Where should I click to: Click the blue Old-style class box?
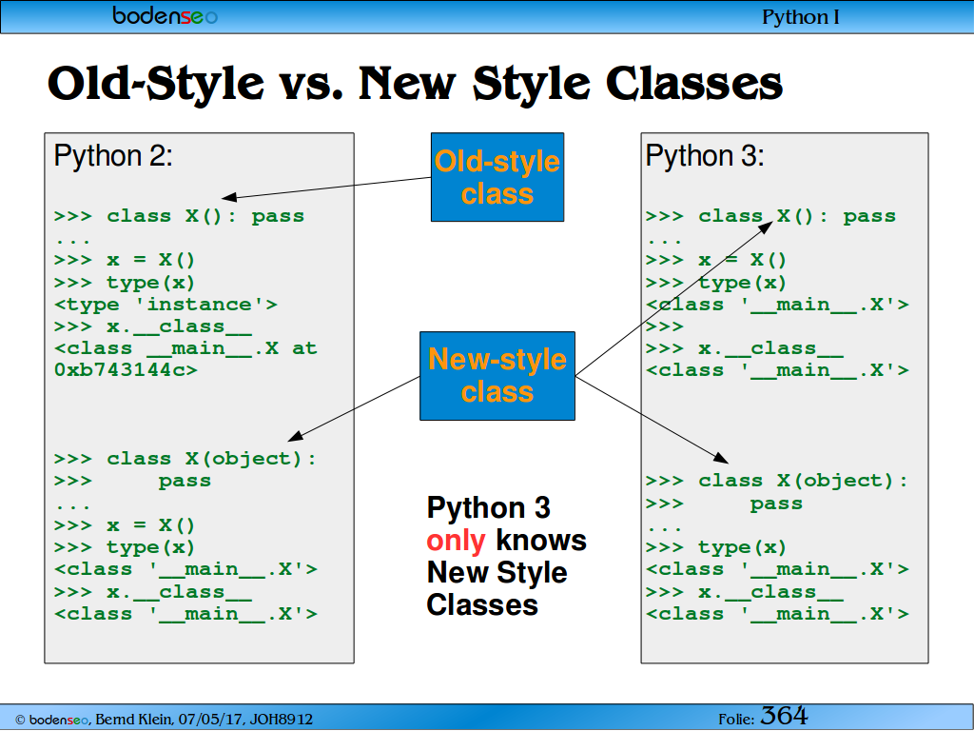pos(497,177)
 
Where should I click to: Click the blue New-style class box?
pos(497,376)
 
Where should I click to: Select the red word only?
pos(456,541)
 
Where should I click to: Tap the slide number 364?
pos(784,716)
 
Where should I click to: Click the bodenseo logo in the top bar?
pos(166,15)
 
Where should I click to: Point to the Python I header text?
pos(801,17)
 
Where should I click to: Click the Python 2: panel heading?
pos(113,155)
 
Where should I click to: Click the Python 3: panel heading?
pos(705,155)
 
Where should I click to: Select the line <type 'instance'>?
pos(166,305)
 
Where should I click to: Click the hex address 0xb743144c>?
pos(127,370)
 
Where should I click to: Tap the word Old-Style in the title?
pos(156,84)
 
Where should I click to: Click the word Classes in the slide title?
pos(693,84)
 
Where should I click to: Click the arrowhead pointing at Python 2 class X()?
pos(228,197)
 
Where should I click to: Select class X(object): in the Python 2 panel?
pos(211,460)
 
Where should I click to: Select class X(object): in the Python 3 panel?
pos(803,481)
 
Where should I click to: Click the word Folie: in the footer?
pos(736,720)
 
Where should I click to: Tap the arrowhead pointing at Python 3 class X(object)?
pos(722,458)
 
